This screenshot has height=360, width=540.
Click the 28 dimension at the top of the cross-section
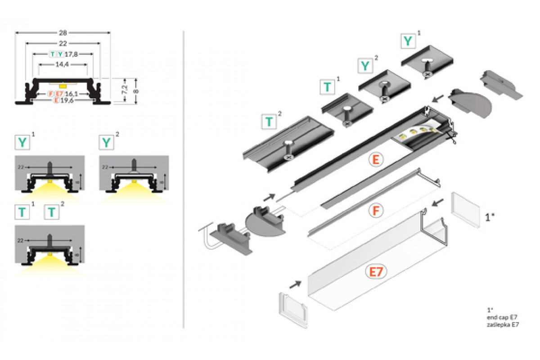tap(63, 32)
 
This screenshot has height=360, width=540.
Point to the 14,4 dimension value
tap(63, 65)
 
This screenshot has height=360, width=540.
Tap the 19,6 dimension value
tap(66, 100)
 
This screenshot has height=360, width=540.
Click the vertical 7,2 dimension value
tap(126, 90)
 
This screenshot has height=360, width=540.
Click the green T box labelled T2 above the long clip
tap(269, 121)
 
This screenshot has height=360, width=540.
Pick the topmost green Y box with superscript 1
tap(408, 41)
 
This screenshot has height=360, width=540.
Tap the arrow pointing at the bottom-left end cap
tap(296, 284)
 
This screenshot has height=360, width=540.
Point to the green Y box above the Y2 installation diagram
tap(106, 143)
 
